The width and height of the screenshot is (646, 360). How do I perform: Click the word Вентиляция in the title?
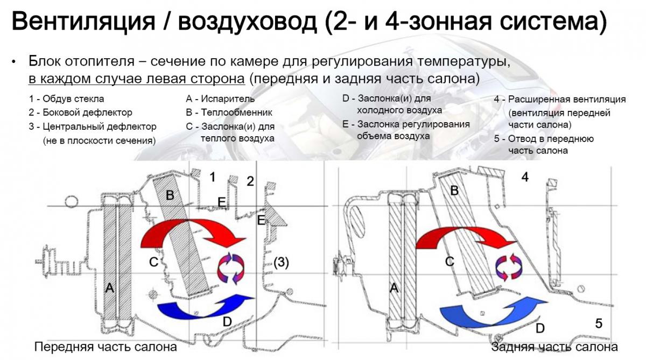(x=83, y=22)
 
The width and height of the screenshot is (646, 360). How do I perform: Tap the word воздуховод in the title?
(x=248, y=22)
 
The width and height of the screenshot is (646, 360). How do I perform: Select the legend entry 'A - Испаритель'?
(x=220, y=99)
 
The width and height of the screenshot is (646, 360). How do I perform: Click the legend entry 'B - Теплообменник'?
(x=229, y=112)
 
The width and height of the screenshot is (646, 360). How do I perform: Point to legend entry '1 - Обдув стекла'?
(x=66, y=99)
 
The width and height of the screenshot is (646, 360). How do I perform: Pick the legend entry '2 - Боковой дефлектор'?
(x=80, y=112)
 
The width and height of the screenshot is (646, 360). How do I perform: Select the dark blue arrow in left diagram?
(x=206, y=307)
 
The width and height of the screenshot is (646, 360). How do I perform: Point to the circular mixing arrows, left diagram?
(x=231, y=269)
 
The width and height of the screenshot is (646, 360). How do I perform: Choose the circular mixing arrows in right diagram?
(x=509, y=267)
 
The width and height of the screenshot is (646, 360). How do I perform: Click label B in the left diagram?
(x=170, y=195)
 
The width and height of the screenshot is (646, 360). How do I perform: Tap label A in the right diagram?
(x=394, y=287)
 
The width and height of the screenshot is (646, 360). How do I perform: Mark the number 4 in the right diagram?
(x=525, y=177)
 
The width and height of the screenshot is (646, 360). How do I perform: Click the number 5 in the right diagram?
(x=599, y=324)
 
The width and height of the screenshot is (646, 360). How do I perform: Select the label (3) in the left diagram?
(x=281, y=262)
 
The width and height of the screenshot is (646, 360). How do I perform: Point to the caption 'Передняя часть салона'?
(x=106, y=347)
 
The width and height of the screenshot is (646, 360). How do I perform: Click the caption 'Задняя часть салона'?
(x=554, y=347)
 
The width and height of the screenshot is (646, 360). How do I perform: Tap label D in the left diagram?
(x=227, y=322)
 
